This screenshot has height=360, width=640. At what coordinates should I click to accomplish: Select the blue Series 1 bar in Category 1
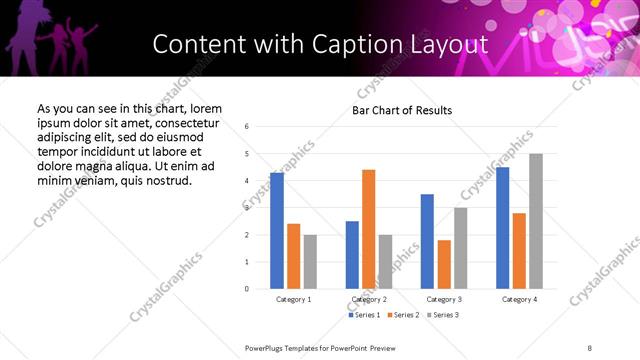[x=277, y=230]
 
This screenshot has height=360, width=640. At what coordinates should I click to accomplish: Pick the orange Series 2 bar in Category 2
[x=368, y=229]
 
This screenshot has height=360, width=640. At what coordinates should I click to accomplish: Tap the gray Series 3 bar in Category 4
[x=536, y=221]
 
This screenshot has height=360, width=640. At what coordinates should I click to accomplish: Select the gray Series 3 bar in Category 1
[x=310, y=261]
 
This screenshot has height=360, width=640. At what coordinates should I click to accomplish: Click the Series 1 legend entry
[x=364, y=315]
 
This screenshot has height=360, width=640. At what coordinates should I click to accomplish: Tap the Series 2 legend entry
[x=402, y=315]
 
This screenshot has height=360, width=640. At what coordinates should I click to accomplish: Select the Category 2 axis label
[x=368, y=299]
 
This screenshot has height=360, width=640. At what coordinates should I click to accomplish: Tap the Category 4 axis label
[x=519, y=299]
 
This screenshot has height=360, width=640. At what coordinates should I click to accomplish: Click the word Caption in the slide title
[x=366, y=44]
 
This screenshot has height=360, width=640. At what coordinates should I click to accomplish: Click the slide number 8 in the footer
[x=589, y=347]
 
